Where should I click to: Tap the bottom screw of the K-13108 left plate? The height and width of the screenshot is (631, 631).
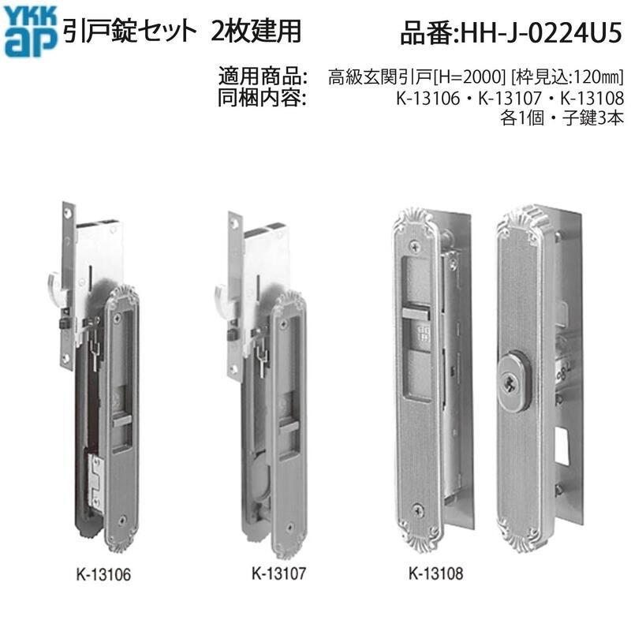pyautogui.click(x=418, y=510)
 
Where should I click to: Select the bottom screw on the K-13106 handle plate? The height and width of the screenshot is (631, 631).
pyautogui.click(x=125, y=521)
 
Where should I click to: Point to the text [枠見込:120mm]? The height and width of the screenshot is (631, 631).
pyautogui.click(x=567, y=77)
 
